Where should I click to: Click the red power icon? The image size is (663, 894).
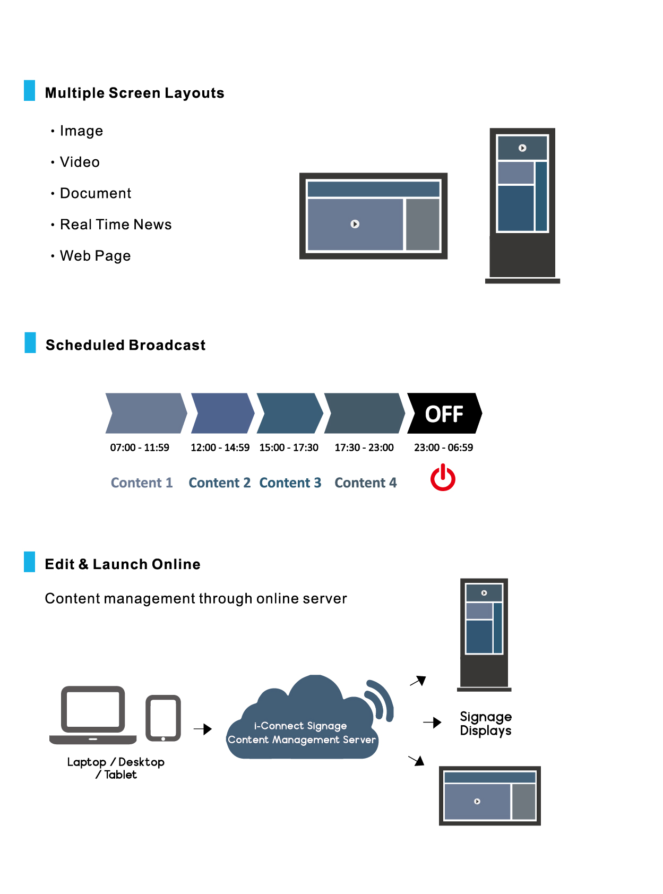443,478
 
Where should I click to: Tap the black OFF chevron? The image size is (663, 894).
444,414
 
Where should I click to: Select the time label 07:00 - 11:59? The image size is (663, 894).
140,448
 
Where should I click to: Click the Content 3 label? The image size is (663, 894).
290,483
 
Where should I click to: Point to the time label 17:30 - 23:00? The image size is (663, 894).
364,448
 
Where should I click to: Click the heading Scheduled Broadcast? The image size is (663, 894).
125,345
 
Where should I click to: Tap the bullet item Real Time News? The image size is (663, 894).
116,225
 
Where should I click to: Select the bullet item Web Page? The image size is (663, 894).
95,256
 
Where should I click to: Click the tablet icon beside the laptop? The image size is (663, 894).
163,718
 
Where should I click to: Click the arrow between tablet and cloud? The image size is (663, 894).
203,729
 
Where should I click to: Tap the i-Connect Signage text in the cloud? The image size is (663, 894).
300,726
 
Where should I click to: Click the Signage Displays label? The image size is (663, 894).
486,724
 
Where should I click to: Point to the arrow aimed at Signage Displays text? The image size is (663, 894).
432,723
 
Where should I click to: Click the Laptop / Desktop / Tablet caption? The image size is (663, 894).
116,768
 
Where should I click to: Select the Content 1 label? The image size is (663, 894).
142,483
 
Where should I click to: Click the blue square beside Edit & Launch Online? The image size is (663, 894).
30,562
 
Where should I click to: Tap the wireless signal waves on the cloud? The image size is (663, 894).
382,699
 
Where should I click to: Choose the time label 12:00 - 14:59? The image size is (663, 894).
220,448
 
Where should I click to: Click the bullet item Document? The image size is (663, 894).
96,193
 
